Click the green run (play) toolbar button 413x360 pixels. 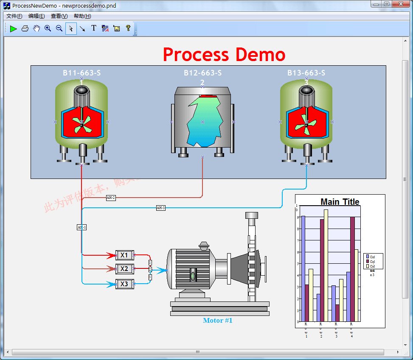[x=14, y=29]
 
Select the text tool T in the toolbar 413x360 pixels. [x=94, y=28]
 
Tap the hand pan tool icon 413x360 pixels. [x=37, y=28]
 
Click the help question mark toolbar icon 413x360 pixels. [x=128, y=28]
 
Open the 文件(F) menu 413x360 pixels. [x=14, y=16]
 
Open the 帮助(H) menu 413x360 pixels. [x=82, y=16]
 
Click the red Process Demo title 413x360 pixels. [x=224, y=55]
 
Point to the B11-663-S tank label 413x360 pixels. [x=82, y=73]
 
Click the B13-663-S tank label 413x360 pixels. [x=306, y=73]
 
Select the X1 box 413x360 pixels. [x=124, y=255]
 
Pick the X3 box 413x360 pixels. [x=124, y=284]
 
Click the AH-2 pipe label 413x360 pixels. [x=111, y=198]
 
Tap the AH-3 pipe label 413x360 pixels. [x=160, y=208]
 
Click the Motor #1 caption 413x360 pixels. [x=218, y=321]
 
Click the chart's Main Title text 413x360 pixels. [x=340, y=202]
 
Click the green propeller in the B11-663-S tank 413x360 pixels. [x=81, y=123]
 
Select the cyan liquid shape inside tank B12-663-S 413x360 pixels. [x=204, y=122]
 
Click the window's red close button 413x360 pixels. [x=399, y=4]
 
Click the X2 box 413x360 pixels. [x=124, y=269]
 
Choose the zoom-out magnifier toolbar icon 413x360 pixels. [x=59, y=28]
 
